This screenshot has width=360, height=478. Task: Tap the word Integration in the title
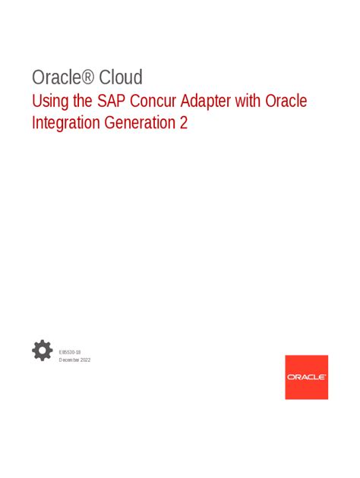[65, 123]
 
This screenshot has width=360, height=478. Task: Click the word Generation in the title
[140, 123]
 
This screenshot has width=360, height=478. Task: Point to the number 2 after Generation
[183, 123]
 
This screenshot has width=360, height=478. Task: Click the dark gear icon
[43, 351]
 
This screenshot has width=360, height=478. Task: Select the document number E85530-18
[71, 354]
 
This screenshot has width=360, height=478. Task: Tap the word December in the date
[70, 360]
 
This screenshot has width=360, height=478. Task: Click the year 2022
[84, 360]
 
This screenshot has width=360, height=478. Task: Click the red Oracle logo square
[306, 377]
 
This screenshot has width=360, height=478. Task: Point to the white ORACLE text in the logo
[306, 377]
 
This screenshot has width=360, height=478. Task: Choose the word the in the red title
[82, 101]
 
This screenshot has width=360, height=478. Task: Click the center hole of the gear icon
[43, 351]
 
